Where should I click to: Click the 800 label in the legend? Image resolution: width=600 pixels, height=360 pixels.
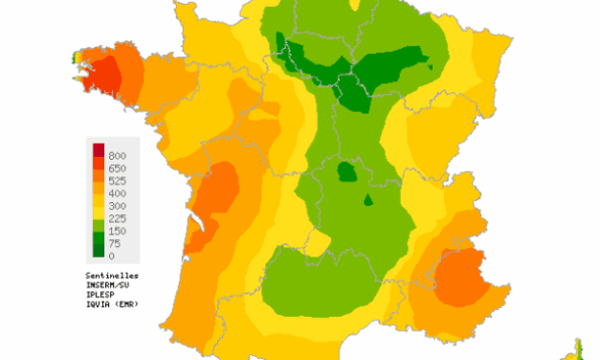[118, 155]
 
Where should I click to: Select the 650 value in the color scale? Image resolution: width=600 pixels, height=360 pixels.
[118, 168]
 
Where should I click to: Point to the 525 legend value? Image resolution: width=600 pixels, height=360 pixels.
[118, 180]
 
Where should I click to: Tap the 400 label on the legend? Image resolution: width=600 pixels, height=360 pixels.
[118, 192]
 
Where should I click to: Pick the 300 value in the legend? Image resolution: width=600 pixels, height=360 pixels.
[118, 206]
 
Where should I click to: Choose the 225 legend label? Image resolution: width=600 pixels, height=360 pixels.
[118, 218]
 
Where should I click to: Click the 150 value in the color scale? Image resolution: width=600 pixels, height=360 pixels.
[118, 231]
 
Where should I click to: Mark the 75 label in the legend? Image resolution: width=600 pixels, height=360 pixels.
[115, 243]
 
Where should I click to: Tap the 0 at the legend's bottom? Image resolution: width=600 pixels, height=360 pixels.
[112, 256]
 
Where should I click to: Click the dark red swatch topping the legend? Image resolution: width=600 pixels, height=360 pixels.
[99, 149]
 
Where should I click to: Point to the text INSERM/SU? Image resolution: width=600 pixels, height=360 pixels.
[107, 283]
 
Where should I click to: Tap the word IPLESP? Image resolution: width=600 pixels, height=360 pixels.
[101, 293]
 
